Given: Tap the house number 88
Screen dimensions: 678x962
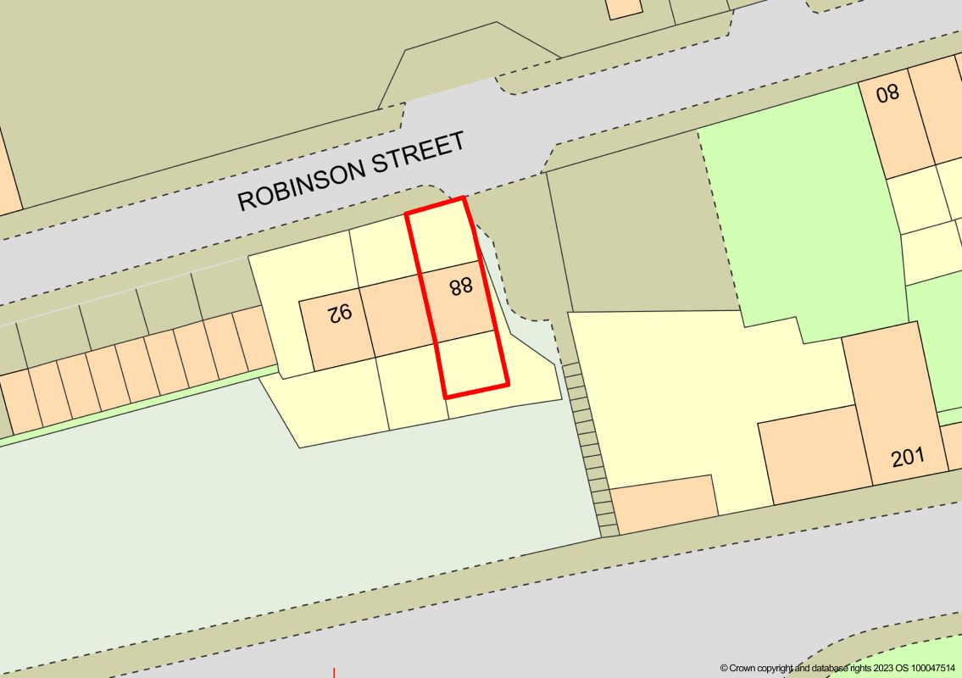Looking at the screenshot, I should click(x=461, y=286).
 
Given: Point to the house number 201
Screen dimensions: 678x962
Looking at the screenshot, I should click(x=908, y=458).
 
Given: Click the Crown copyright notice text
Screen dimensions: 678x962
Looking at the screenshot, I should click(x=839, y=668).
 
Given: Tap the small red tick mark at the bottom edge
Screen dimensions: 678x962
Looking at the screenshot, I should click(x=336, y=673).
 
